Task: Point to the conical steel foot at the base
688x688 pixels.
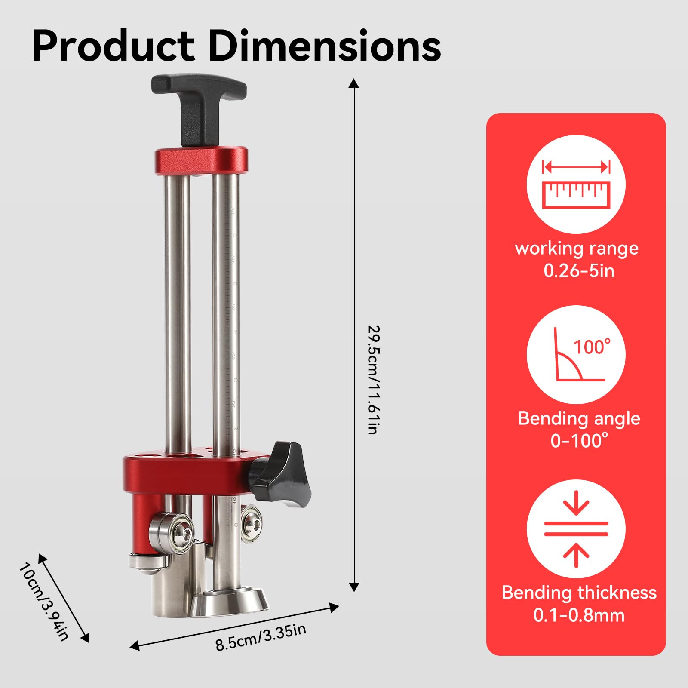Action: [x=230, y=602]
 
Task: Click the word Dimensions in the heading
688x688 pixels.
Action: [x=325, y=46]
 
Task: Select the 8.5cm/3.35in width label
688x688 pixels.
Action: [x=261, y=637]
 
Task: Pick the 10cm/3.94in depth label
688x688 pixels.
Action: [x=44, y=601]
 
